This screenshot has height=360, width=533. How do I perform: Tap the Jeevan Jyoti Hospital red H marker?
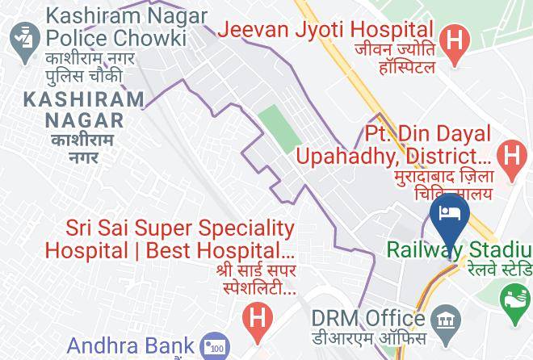456,40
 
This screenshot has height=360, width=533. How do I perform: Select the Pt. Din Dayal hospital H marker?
511,153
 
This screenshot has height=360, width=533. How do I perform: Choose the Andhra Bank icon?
214,345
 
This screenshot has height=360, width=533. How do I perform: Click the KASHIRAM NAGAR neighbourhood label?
84,110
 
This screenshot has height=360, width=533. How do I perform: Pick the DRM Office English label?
369,318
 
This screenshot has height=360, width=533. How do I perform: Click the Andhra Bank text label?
131,346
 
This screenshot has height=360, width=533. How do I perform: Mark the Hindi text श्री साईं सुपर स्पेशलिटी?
256,278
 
